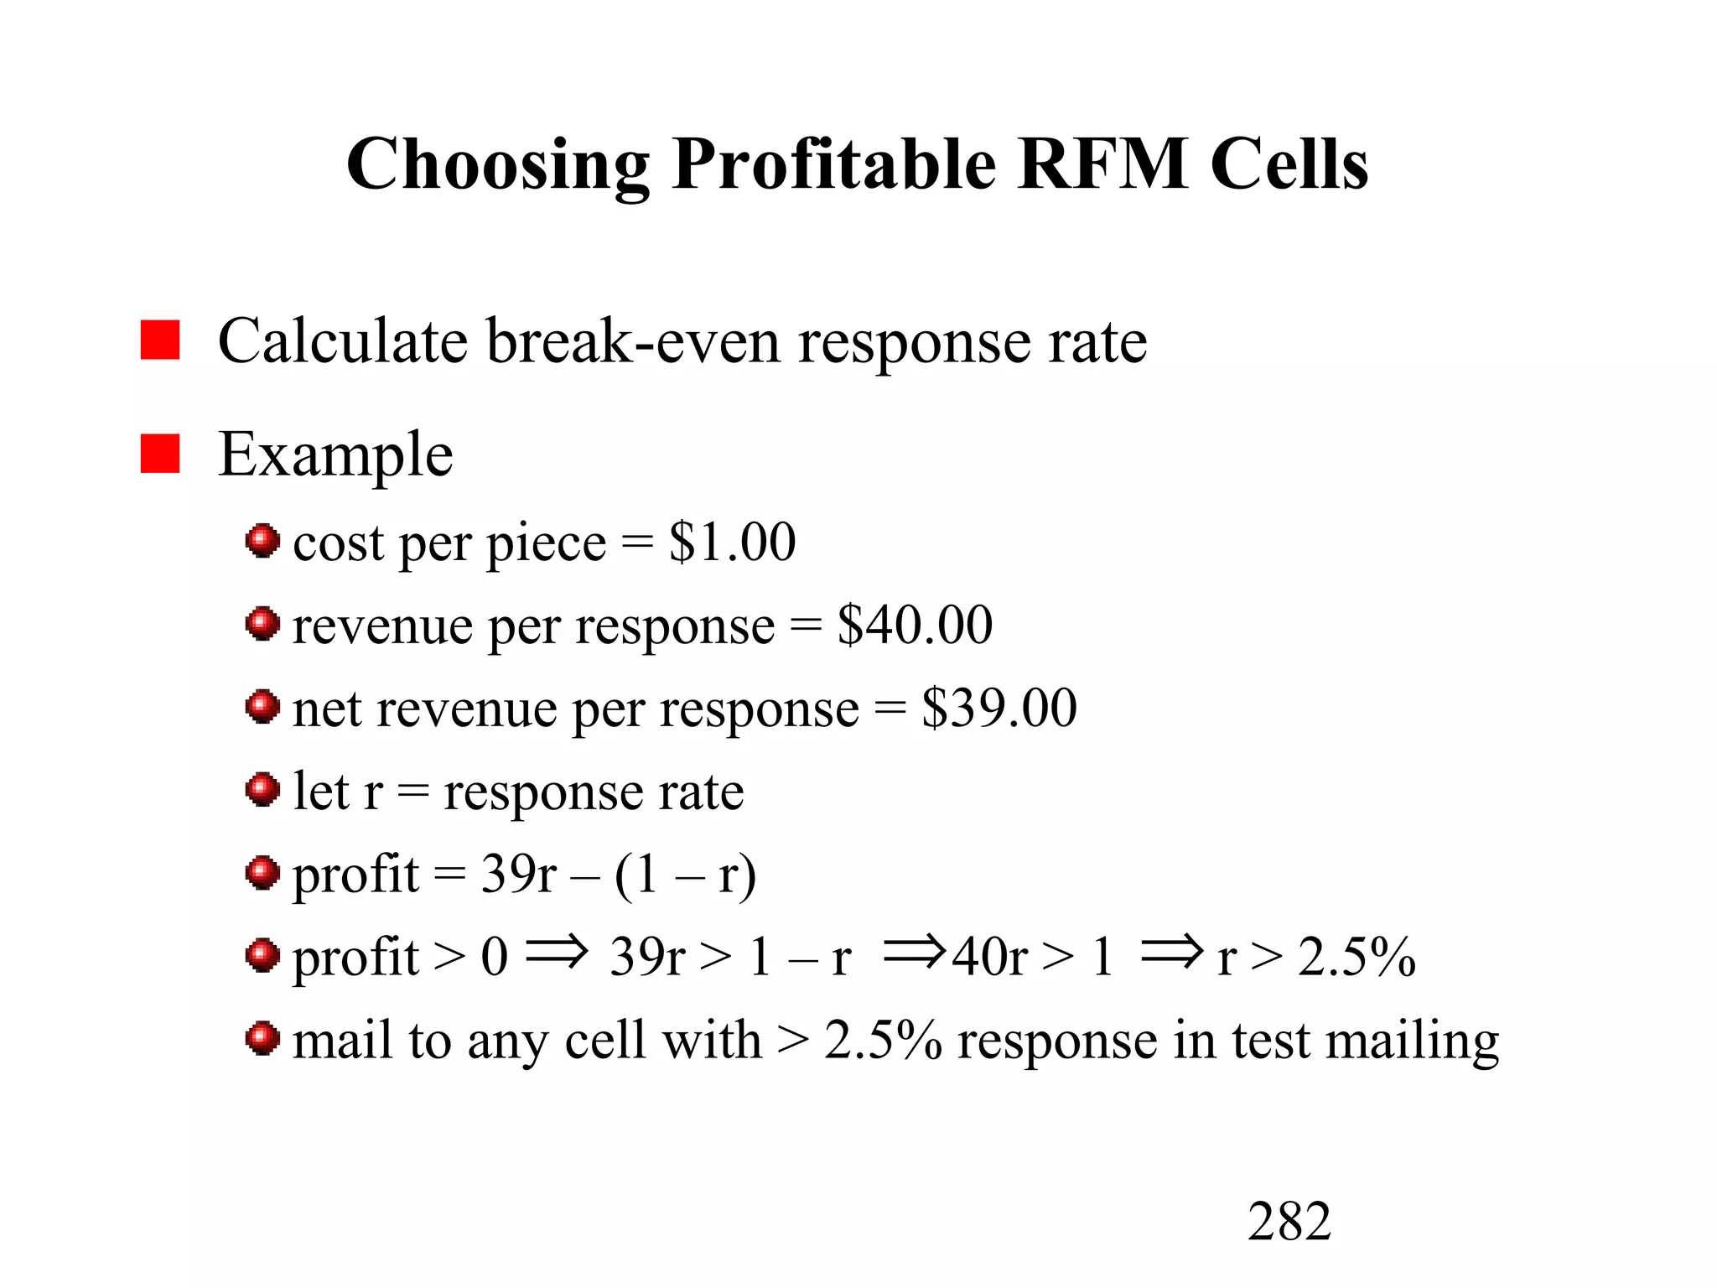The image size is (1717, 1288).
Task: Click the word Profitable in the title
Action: pos(833,165)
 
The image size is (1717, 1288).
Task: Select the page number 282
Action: pos(1289,1221)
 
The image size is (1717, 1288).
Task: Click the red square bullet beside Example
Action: pos(160,454)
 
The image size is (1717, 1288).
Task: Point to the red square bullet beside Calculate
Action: pos(160,340)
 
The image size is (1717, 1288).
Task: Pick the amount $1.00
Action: pos(732,542)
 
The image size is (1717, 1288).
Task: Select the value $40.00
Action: pos(915,625)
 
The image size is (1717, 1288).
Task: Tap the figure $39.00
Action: pos(999,708)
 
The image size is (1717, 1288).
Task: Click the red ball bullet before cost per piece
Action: pos(262,541)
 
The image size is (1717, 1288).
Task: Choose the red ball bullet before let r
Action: pos(262,790)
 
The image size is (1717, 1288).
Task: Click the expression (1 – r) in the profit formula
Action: pos(685,875)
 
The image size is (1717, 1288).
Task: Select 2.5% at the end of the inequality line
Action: pos(1356,957)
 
